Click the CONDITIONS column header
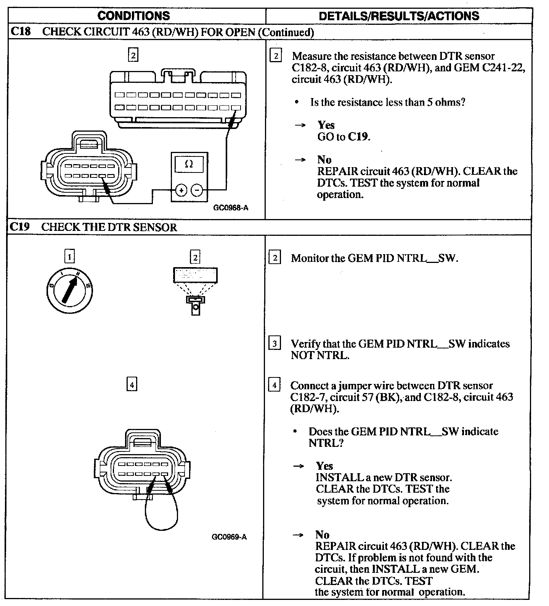(133, 16)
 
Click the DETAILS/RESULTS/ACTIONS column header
(399, 16)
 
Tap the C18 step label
(20, 31)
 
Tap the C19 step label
(19, 227)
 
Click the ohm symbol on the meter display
(189, 164)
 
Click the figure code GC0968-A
(231, 208)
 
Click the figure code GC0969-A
(229, 537)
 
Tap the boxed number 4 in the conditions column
(132, 385)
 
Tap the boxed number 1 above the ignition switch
(69, 257)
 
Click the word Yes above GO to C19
(326, 125)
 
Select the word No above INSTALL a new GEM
(323, 535)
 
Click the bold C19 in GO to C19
(358, 137)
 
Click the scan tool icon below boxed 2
(195, 288)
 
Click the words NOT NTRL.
(319, 355)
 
